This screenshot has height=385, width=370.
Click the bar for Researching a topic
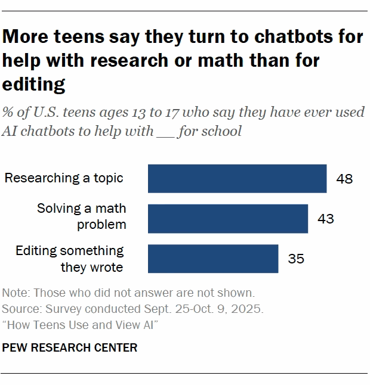click(238, 179)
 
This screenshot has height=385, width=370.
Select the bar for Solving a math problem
click(228, 219)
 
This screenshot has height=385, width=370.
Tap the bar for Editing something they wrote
click(213, 259)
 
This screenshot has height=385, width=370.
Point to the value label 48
click(344, 179)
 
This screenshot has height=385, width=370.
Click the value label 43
click(326, 219)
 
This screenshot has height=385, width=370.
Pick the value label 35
click(296, 259)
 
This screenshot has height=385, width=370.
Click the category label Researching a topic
click(64, 178)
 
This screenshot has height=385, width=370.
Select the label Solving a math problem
click(82, 216)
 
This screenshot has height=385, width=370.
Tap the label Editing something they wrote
click(70, 259)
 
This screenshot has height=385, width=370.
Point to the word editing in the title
click(33, 84)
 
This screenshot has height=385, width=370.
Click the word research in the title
click(129, 60)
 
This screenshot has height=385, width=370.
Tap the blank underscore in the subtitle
click(165, 136)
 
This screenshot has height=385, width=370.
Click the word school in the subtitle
click(222, 131)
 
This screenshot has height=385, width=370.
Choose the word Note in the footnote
click(16, 293)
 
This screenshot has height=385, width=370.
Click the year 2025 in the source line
click(247, 309)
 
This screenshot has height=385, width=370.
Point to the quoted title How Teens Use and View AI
click(80, 325)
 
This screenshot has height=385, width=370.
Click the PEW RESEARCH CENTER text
click(70, 347)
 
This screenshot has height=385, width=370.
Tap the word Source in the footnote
click(22, 309)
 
